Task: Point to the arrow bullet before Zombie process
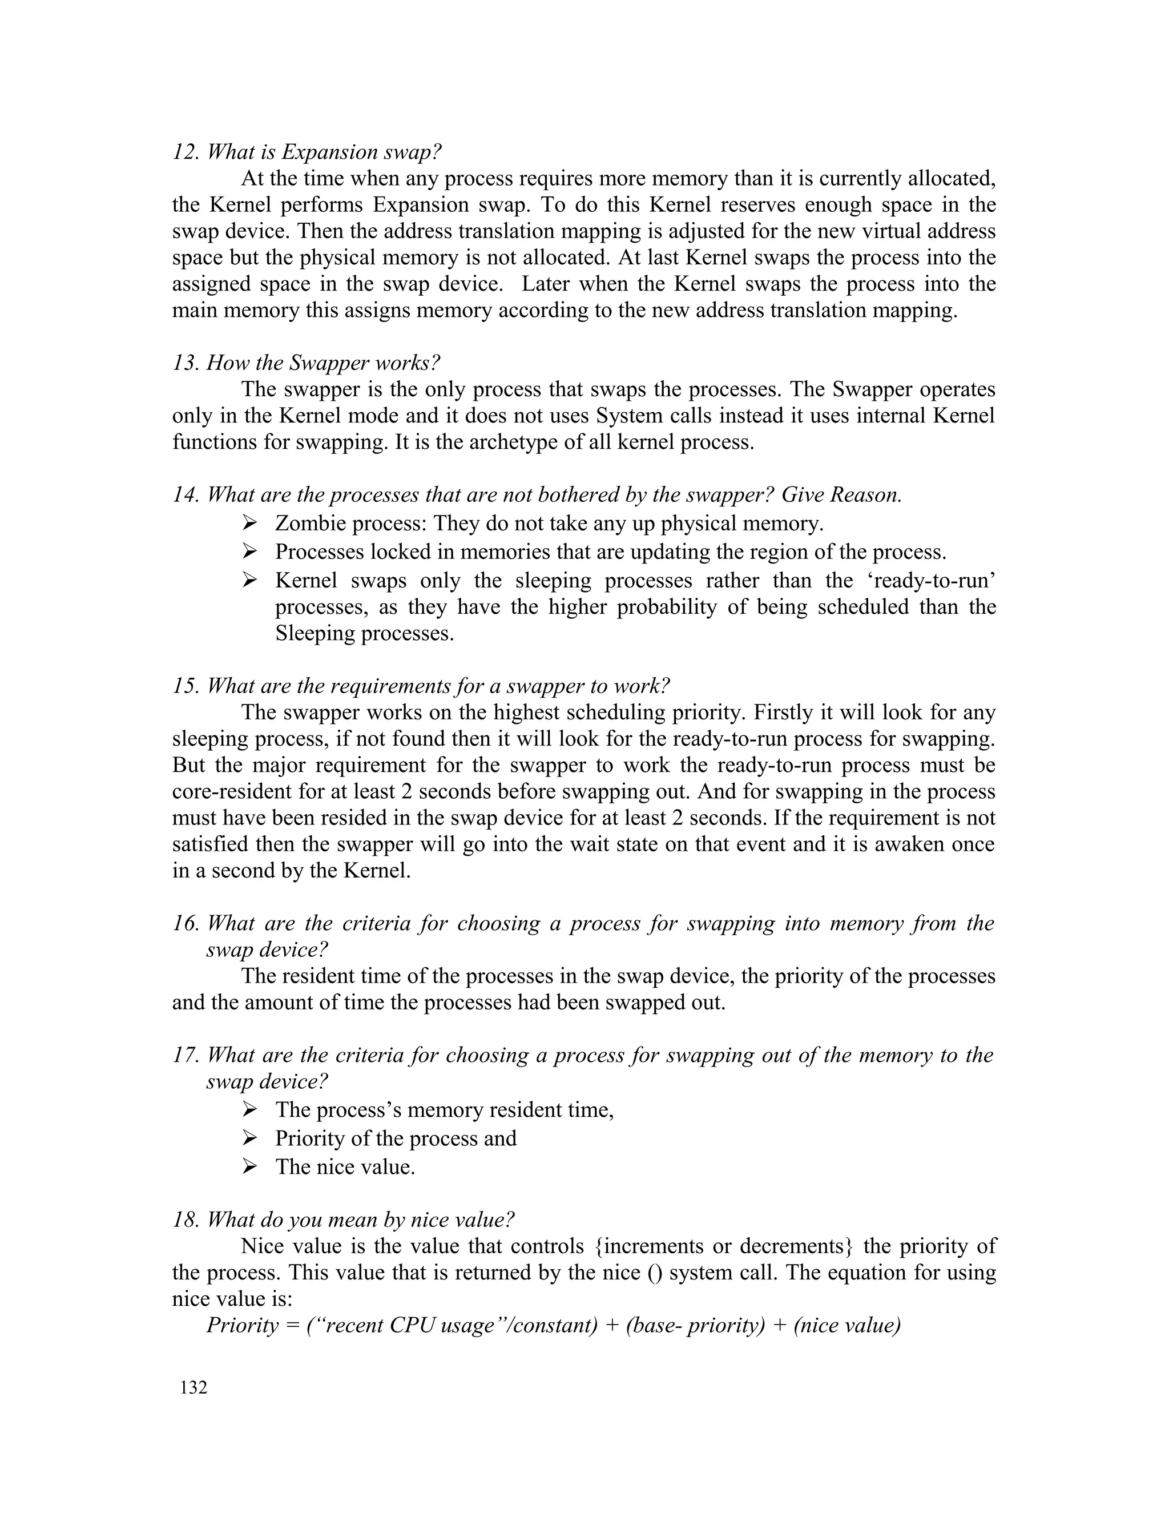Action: click(x=250, y=523)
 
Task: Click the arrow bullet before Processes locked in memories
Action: click(x=250, y=552)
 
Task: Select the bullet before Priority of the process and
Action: click(x=250, y=1138)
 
